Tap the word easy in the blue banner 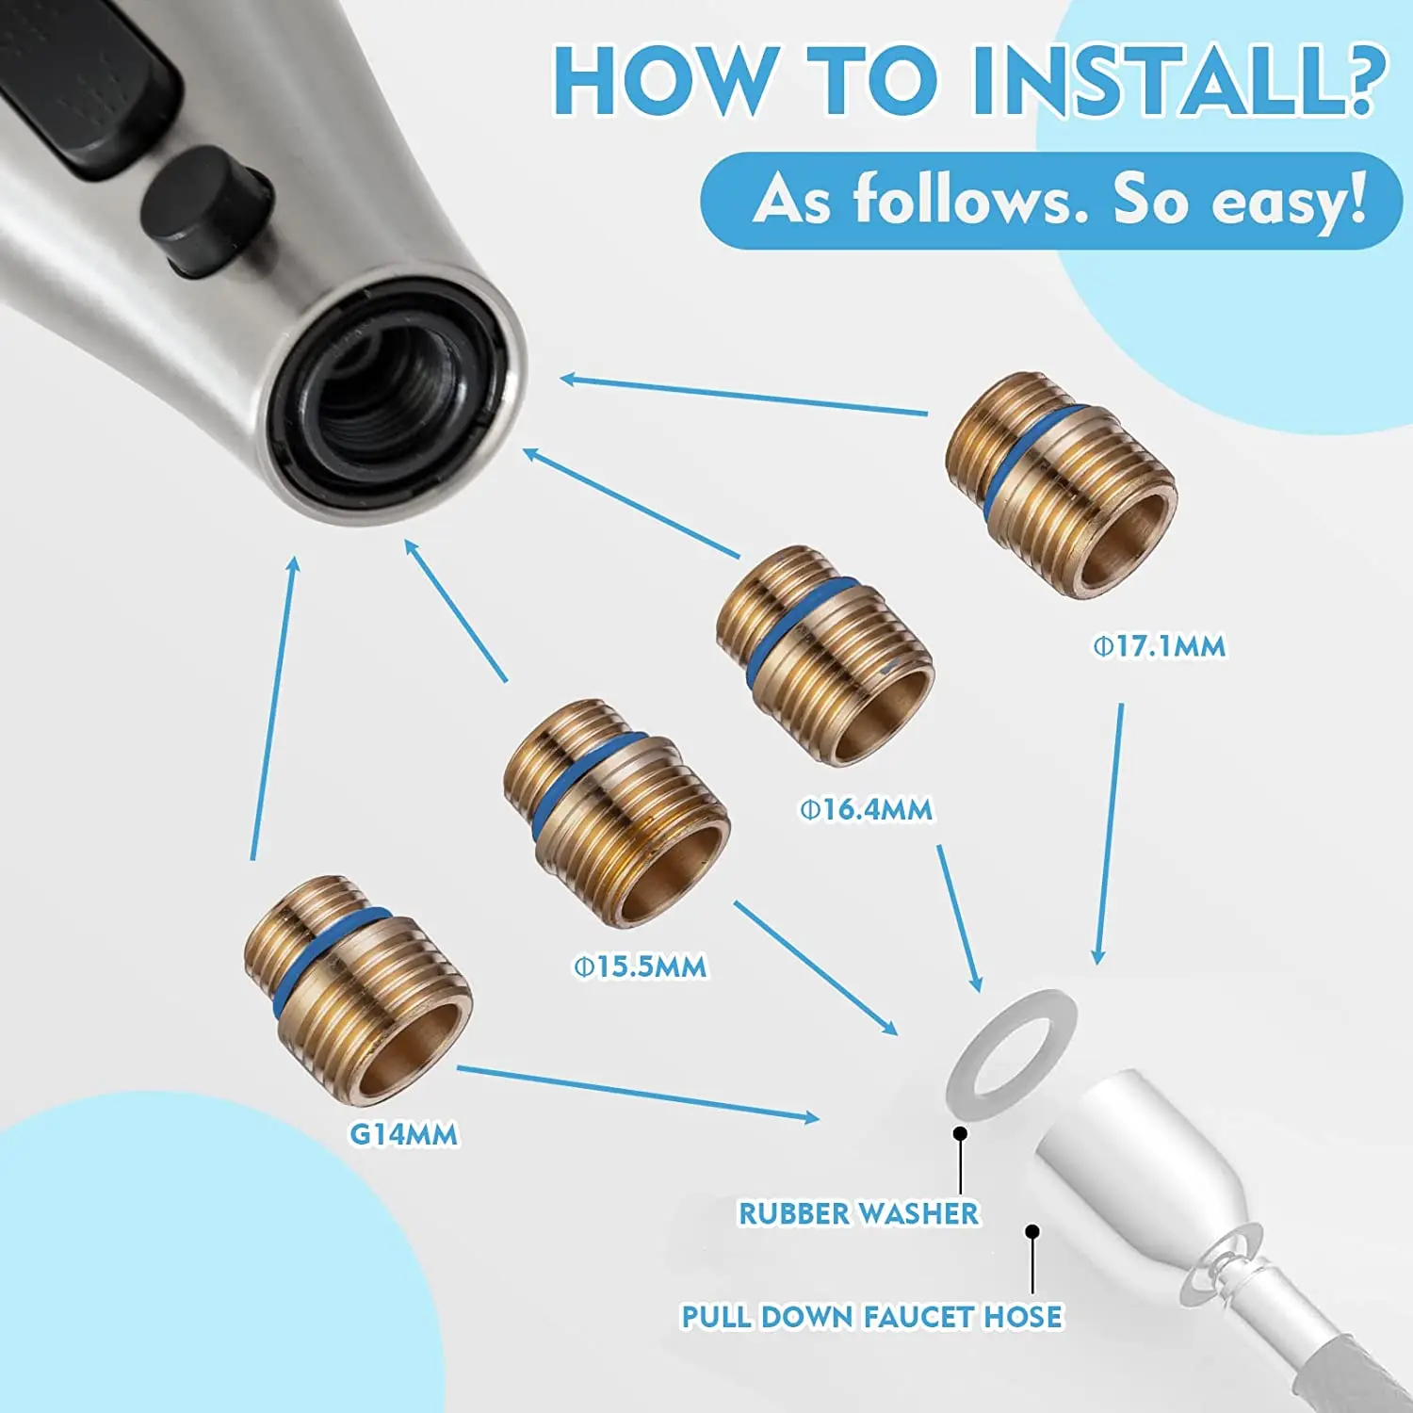pyautogui.click(x=1289, y=200)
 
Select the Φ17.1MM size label pyautogui.click(x=1160, y=646)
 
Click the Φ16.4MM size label pyautogui.click(x=867, y=809)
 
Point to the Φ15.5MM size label pyautogui.click(x=641, y=966)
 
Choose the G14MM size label pyautogui.click(x=404, y=1134)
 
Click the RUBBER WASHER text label pyautogui.click(x=858, y=1213)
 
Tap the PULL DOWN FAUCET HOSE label pyautogui.click(x=872, y=1316)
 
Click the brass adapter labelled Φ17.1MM pyautogui.click(x=1062, y=484)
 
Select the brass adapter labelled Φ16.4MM pyautogui.click(x=825, y=655)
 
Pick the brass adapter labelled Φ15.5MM pyautogui.click(x=617, y=813)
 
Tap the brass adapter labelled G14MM pyautogui.click(x=358, y=989)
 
